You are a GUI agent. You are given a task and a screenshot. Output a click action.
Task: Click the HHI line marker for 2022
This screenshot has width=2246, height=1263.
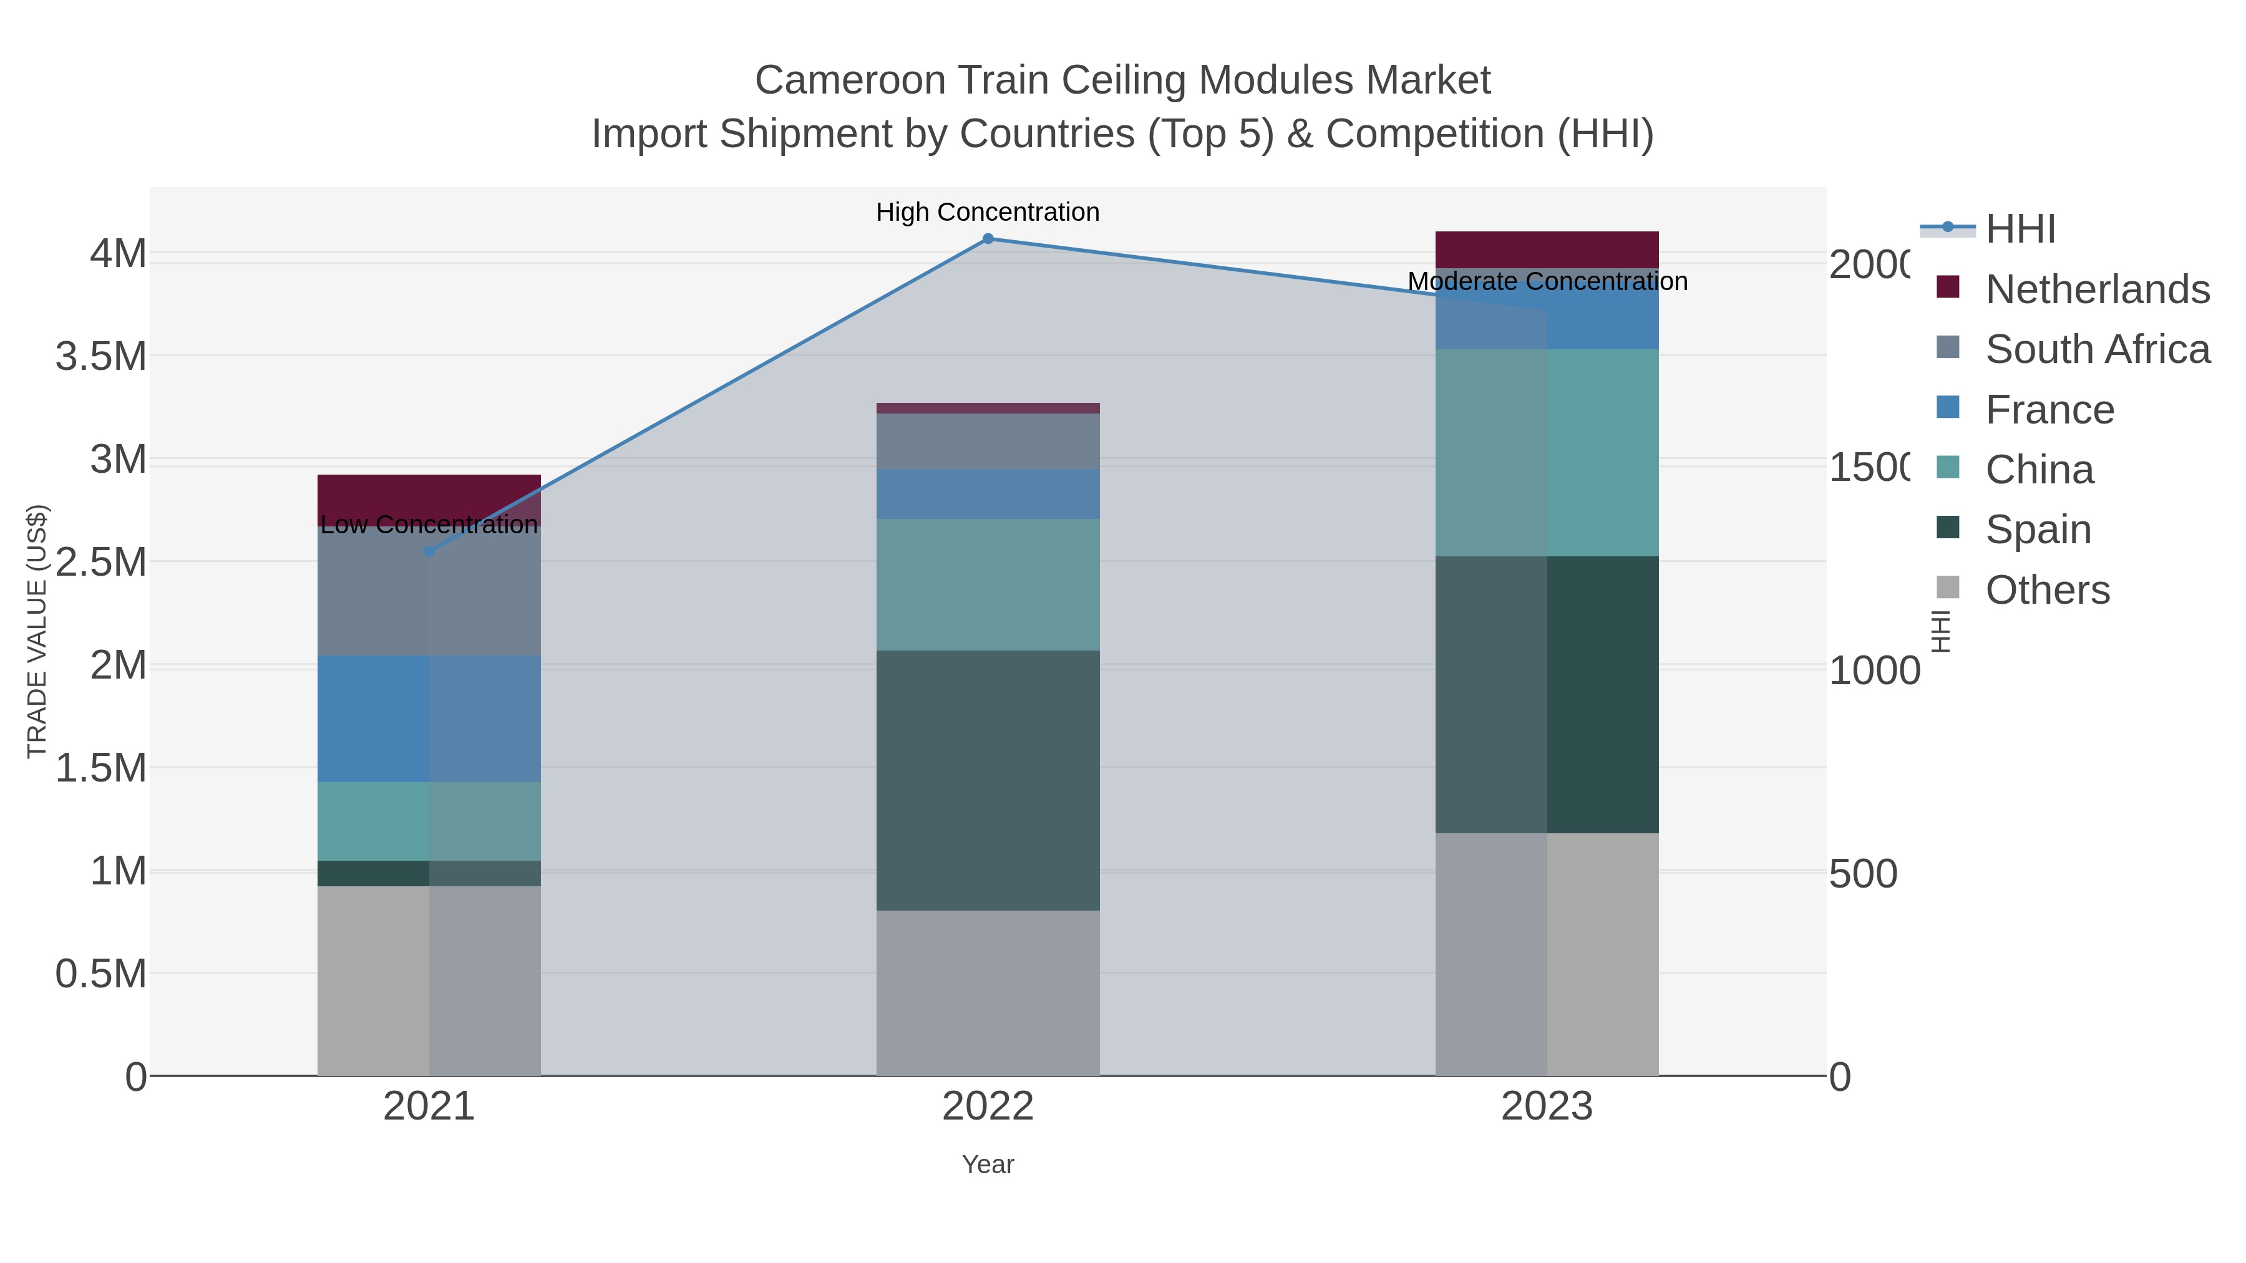(x=988, y=239)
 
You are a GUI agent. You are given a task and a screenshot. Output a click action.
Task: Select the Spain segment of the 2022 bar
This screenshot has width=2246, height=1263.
(x=988, y=780)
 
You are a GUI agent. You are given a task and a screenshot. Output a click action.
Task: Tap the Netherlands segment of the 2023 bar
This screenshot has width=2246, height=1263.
(x=1547, y=250)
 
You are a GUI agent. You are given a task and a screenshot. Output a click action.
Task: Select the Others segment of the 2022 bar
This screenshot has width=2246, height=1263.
(x=988, y=993)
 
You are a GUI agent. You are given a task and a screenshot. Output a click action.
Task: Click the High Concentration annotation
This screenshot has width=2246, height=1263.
(x=988, y=212)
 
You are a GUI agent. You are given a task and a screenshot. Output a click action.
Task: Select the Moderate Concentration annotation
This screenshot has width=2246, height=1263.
(x=1547, y=281)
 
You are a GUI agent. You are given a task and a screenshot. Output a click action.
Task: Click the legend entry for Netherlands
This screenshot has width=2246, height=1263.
(x=2097, y=289)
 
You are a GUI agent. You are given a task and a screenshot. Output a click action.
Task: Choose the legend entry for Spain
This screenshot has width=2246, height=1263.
(x=2038, y=529)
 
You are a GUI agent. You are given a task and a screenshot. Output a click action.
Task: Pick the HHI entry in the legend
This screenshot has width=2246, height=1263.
(x=2020, y=230)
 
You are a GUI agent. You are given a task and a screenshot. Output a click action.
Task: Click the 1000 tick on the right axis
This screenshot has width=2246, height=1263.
(x=1874, y=670)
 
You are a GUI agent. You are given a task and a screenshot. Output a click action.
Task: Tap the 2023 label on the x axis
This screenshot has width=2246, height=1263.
(x=1547, y=1106)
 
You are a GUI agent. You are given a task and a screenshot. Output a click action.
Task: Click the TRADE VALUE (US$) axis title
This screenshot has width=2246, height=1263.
(x=37, y=631)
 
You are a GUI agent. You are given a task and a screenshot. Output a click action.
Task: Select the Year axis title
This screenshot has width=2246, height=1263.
(x=988, y=1164)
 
